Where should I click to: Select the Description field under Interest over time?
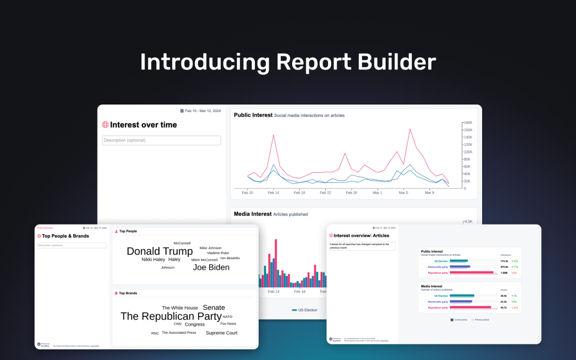(161, 140)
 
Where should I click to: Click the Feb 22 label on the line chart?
(325, 193)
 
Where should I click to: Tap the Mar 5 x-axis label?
(403, 193)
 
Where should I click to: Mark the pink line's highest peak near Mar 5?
(410, 129)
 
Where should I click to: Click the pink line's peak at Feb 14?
(274, 135)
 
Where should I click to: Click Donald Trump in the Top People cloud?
(159, 251)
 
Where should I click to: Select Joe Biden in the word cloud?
(211, 267)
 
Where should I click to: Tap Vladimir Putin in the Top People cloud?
(218, 253)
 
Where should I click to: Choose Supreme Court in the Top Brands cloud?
(221, 333)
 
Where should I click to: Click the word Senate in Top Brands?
(214, 308)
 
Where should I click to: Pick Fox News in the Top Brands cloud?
(228, 324)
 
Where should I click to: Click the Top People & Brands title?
(66, 236)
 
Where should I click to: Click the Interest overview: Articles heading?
(361, 235)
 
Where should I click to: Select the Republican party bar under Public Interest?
(471, 273)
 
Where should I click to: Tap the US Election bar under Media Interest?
(462, 295)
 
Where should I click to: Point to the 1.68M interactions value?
(504, 273)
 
